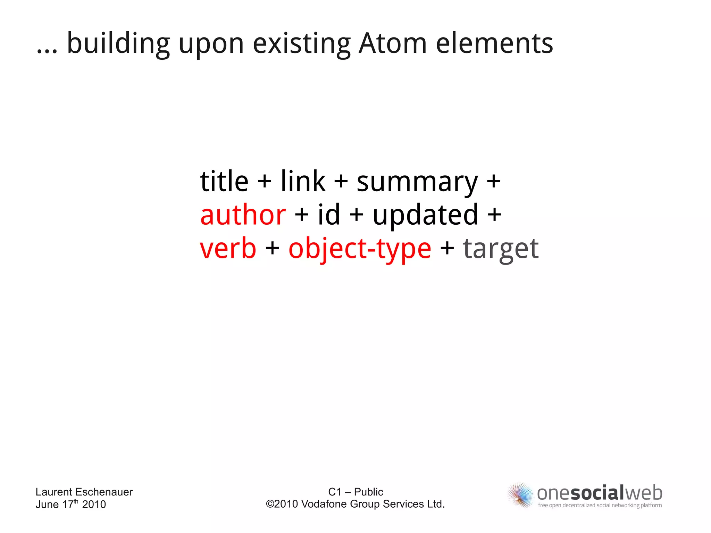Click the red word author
point(243,215)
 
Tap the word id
point(329,215)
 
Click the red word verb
point(228,248)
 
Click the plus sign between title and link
point(265,182)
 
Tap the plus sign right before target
point(447,249)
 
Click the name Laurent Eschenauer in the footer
point(84,492)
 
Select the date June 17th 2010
point(70,504)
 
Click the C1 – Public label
point(355,492)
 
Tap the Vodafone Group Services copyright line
point(355,504)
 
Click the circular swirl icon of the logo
point(520,495)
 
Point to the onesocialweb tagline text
point(600,505)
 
